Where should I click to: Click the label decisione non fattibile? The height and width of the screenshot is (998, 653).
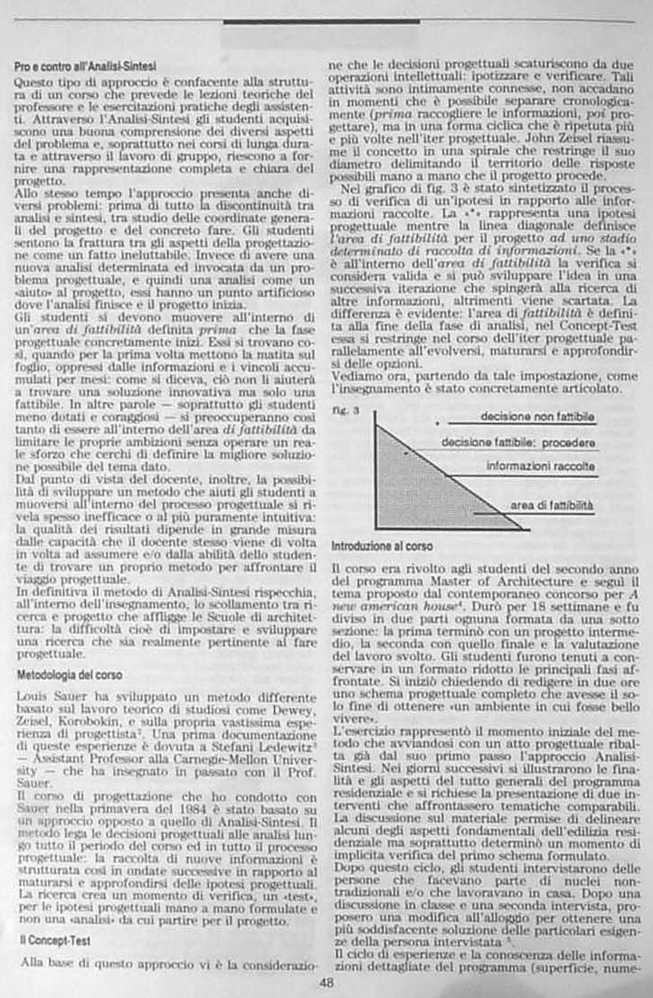[537, 418]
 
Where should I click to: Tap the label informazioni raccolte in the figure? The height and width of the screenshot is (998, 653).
[541, 466]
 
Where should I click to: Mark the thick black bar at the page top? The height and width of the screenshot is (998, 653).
[320, 20]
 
